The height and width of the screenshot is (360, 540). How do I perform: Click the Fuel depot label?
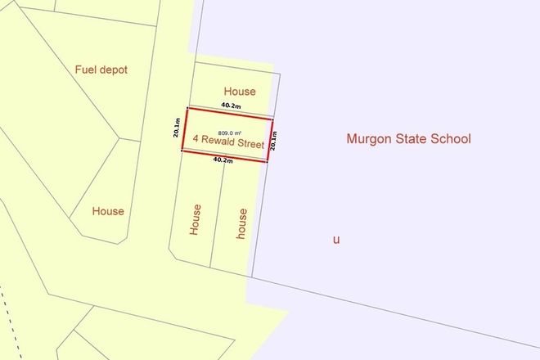(x=101, y=70)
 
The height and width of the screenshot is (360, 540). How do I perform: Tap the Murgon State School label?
(x=408, y=139)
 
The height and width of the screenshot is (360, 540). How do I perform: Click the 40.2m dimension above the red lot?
(x=232, y=106)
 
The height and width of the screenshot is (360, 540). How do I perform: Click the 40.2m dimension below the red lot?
(x=223, y=160)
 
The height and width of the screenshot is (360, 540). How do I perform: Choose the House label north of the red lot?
(x=240, y=92)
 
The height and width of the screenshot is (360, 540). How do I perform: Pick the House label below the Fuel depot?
(x=108, y=211)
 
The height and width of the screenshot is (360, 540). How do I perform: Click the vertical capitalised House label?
(x=195, y=219)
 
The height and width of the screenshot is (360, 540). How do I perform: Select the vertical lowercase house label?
(x=241, y=222)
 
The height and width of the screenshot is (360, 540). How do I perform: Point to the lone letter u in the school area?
(x=335, y=240)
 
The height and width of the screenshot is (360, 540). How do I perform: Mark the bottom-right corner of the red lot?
(x=266, y=161)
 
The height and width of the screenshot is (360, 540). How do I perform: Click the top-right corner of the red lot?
(x=272, y=119)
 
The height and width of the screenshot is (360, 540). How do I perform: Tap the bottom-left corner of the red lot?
(x=182, y=151)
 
